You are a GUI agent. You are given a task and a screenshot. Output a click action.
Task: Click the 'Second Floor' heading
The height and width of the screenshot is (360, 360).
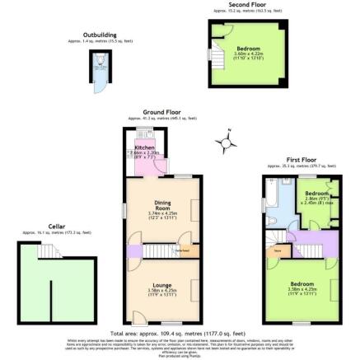click(x=247, y=5)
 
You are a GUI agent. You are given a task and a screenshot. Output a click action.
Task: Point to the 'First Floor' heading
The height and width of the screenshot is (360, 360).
click(x=301, y=159)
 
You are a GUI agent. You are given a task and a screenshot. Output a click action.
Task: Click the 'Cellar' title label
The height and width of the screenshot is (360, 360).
click(x=56, y=226)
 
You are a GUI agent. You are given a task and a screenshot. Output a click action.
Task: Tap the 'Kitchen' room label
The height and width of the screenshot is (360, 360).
click(x=143, y=147)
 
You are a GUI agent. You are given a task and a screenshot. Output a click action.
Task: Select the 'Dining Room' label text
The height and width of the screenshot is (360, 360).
click(x=162, y=207)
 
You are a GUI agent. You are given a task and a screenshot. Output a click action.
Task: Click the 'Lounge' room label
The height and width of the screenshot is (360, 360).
click(x=161, y=285)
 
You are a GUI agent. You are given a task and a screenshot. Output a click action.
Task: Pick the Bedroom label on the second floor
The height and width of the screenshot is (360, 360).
click(x=248, y=49)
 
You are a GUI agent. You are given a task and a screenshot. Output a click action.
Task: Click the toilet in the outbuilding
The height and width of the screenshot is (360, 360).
click(x=100, y=59)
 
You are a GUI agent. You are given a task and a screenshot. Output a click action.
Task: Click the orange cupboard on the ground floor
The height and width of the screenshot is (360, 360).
click(x=185, y=247)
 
